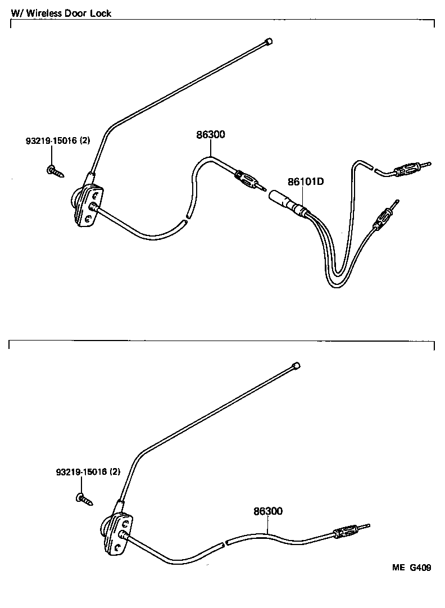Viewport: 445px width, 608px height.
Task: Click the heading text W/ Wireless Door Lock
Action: tap(61, 13)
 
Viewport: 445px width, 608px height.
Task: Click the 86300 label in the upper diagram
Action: tap(210, 135)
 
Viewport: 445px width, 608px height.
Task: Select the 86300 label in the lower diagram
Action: tap(267, 511)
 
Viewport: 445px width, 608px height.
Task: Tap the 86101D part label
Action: tap(307, 182)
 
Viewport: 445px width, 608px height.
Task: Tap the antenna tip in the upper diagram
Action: tap(269, 41)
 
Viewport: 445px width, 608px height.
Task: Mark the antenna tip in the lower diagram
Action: tap(296, 365)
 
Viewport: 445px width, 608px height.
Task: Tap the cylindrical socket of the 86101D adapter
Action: tap(281, 201)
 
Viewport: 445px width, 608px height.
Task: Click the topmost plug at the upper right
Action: tap(409, 168)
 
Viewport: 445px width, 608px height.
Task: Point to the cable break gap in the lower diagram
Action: tap(222, 543)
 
